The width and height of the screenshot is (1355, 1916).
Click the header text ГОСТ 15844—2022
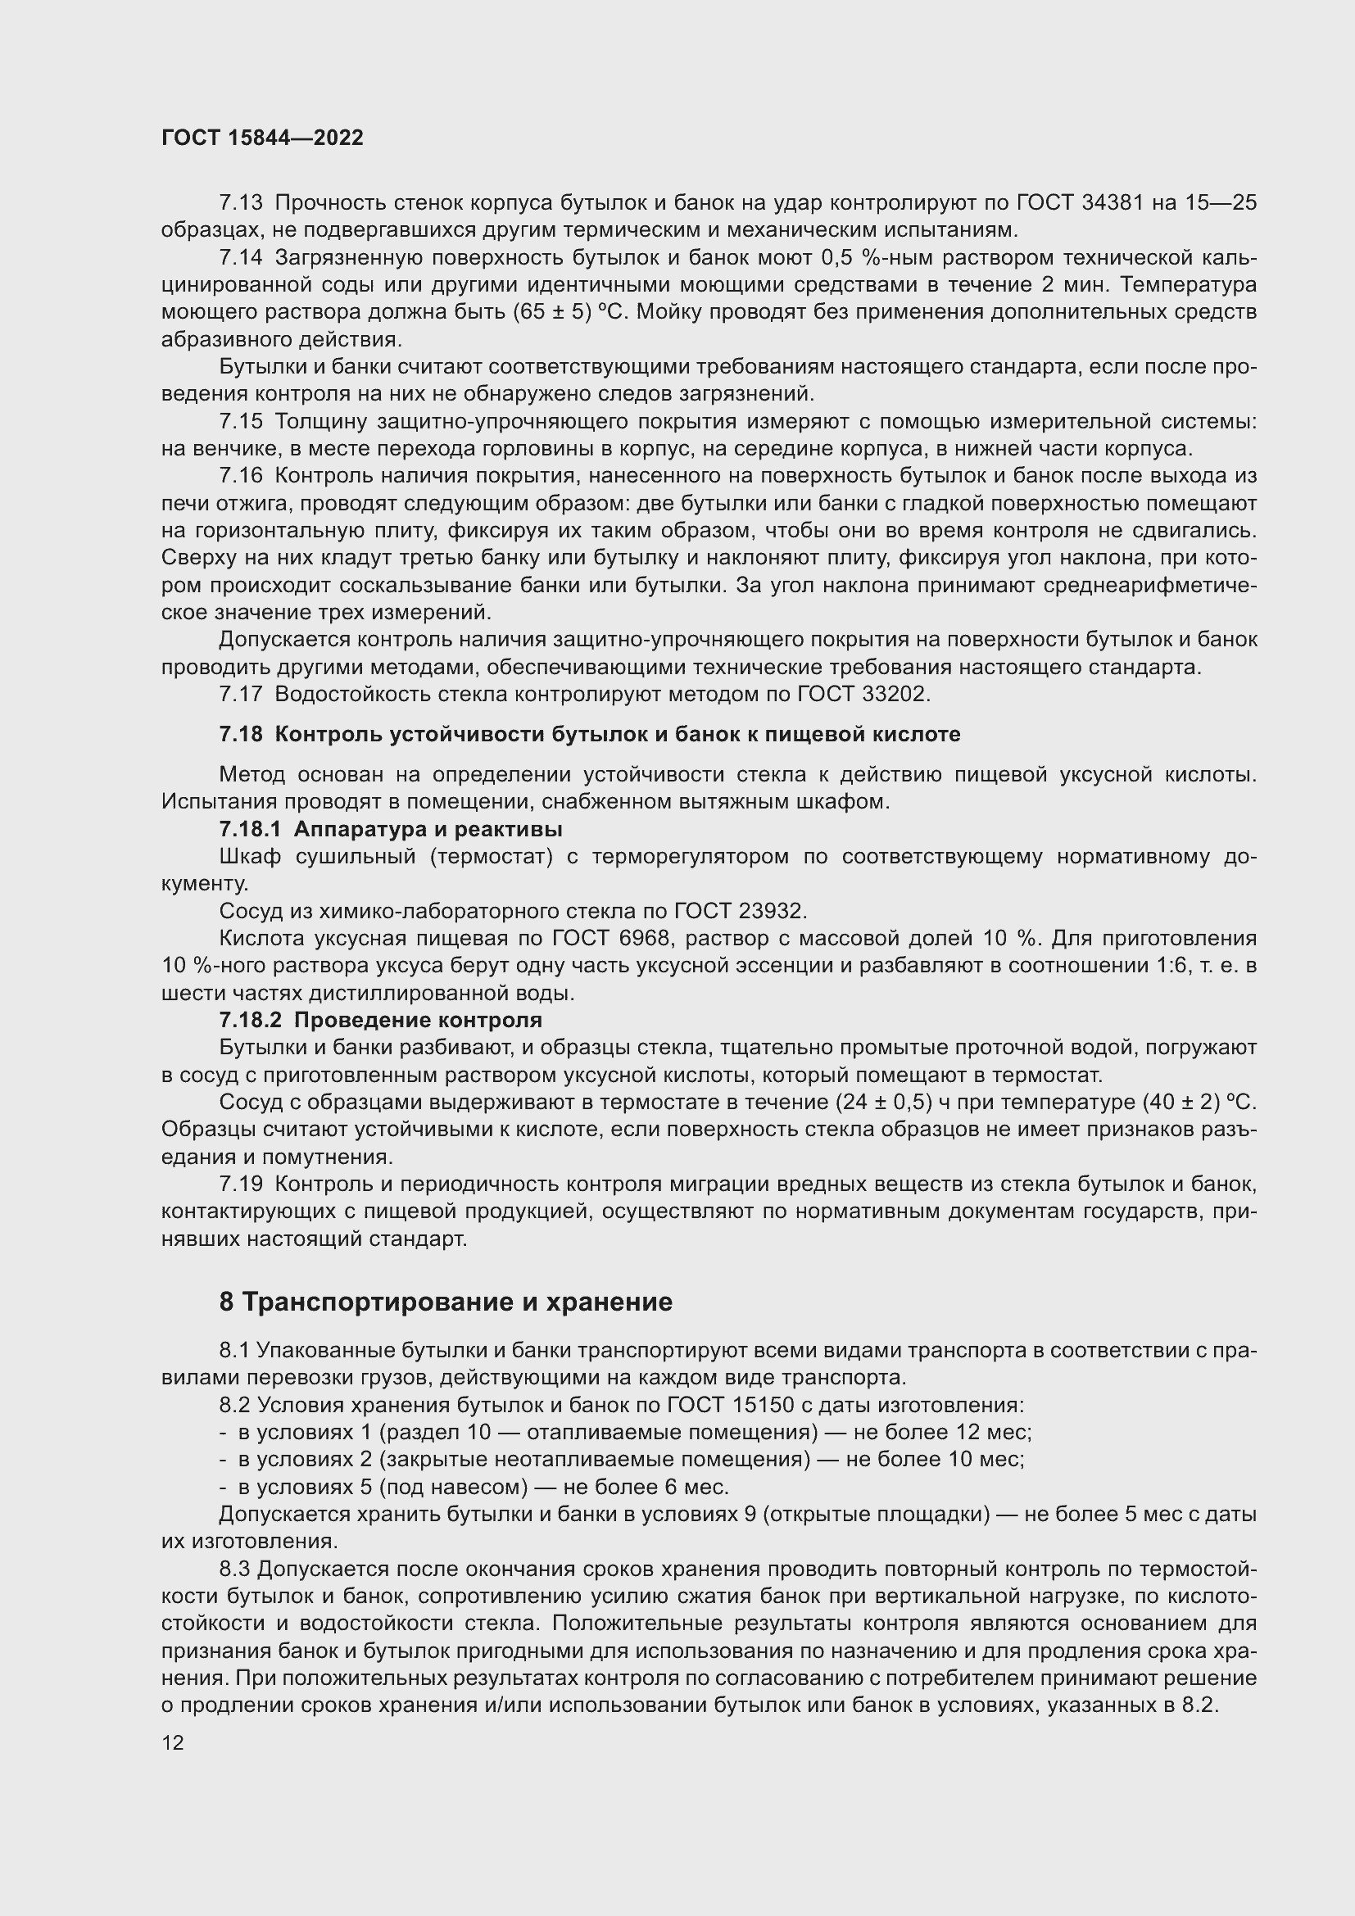click(262, 138)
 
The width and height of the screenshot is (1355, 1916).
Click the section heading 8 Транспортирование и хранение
click(446, 1302)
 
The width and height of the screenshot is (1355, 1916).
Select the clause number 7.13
click(240, 203)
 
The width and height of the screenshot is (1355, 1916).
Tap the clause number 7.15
click(240, 422)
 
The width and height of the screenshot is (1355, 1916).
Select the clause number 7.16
click(240, 477)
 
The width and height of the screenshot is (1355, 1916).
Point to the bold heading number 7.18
click(240, 734)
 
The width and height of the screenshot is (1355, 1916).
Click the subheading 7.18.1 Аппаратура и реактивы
click(391, 830)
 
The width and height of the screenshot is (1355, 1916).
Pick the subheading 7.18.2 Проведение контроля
click(380, 1020)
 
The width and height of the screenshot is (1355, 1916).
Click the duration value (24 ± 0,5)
click(884, 1103)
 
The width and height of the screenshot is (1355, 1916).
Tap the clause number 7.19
click(240, 1184)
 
